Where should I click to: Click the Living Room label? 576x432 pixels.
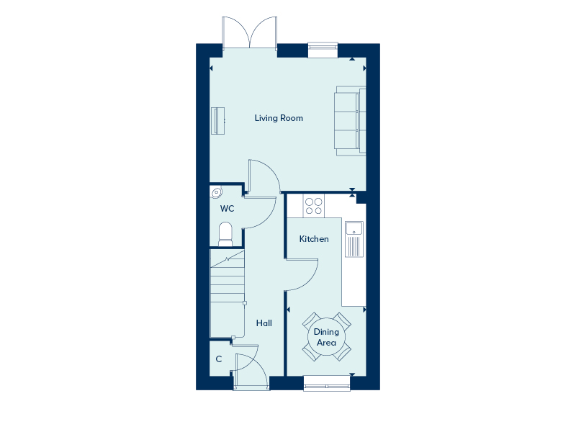click(x=279, y=118)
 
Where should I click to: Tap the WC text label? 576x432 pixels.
click(x=227, y=209)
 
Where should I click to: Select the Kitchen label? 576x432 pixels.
click(x=314, y=239)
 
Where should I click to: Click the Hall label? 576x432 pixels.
click(x=264, y=324)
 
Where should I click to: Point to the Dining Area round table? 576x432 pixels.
click(x=327, y=337)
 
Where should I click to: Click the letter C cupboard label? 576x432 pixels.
click(x=218, y=359)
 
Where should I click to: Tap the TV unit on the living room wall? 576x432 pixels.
click(x=218, y=120)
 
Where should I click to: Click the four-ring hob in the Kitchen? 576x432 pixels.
click(x=313, y=207)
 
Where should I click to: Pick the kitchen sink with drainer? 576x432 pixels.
click(x=354, y=239)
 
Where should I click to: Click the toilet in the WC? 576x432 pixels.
click(x=225, y=233)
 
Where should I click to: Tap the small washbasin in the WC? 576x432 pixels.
click(x=217, y=192)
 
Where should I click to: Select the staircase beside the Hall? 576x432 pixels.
click(x=228, y=292)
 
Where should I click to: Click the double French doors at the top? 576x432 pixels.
click(x=250, y=34)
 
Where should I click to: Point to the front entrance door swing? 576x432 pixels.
click(x=251, y=372)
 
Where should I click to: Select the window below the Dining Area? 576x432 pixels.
click(x=327, y=383)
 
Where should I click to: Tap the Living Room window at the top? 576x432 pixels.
click(x=323, y=49)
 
